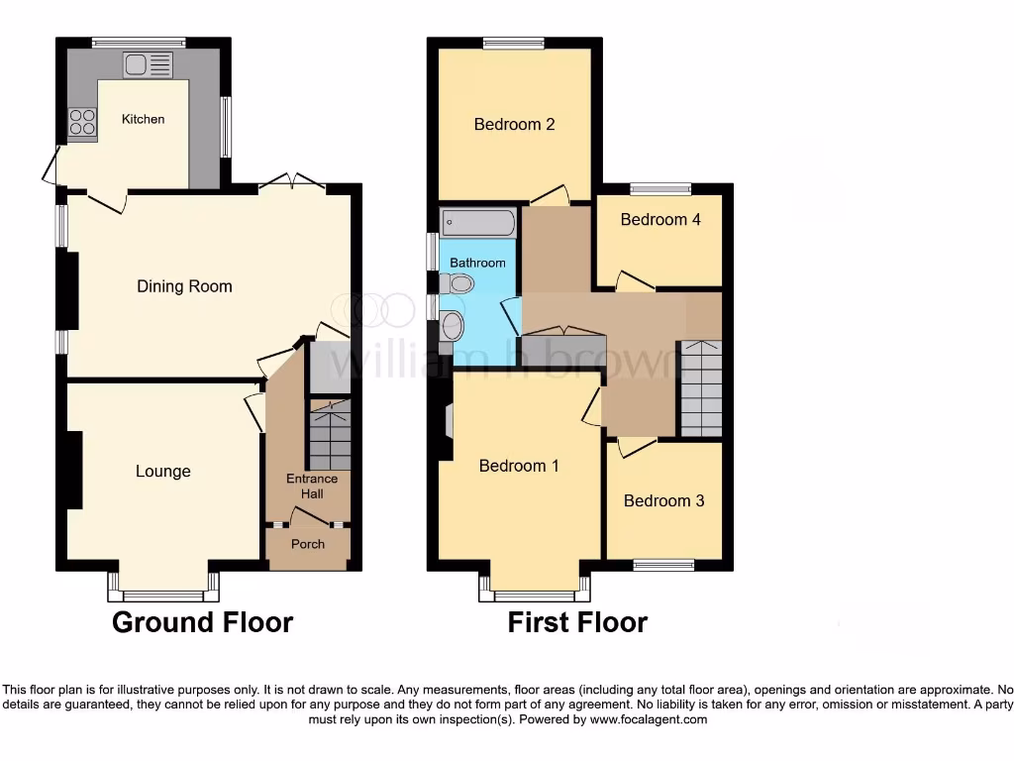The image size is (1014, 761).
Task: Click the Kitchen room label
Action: click(143, 119)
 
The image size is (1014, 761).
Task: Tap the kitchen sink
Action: click(147, 65)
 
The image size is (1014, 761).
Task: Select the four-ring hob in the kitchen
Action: click(82, 122)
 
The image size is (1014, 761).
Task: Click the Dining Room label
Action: click(184, 286)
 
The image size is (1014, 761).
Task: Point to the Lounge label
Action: click(163, 471)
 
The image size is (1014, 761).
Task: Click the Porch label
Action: click(308, 544)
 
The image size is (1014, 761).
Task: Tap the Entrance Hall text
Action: click(312, 486)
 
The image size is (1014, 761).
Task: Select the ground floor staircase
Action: click(330, 435)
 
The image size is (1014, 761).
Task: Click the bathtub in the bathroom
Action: click(478, 221)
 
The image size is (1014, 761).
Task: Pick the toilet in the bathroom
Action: click(457, 284)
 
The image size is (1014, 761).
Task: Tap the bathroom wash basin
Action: click(453, 325)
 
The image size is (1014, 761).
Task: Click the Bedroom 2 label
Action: click(514, 125)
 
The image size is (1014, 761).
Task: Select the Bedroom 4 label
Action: click(660, 219)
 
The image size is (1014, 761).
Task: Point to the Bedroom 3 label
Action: click(663, 500)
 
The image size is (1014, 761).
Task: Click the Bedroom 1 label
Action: click(519, 466)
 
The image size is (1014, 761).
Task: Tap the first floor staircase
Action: click(701, 387)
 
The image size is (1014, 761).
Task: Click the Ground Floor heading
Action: click(202, 622)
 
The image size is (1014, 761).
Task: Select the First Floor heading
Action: click(577, 622)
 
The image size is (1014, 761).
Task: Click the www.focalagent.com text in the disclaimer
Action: click(648, 719)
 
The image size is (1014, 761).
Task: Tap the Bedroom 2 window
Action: click(514, 43)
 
